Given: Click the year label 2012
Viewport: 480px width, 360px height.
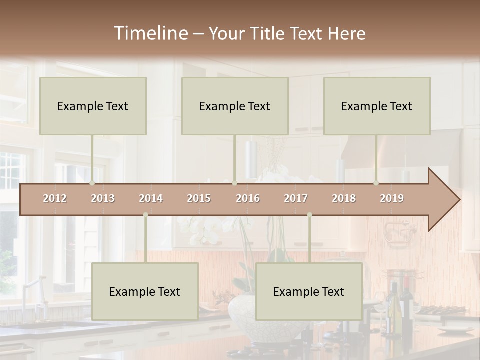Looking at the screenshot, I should [55, 199].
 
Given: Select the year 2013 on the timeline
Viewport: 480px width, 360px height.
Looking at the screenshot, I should [103, 199].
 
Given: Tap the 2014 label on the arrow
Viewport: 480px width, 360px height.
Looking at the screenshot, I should [151, 199].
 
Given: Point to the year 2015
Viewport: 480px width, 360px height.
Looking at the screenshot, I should [199, 199].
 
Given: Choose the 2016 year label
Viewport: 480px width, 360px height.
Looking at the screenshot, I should [248, 199].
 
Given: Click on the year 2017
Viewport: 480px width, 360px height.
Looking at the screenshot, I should [296, 199].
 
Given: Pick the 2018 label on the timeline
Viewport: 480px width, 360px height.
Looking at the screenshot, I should [344, 199].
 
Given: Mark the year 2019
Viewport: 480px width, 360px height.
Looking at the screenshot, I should [392, 199].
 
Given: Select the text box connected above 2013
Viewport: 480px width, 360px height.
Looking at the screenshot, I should [93, 106].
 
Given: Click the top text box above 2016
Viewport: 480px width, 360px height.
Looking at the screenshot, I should [235, 106].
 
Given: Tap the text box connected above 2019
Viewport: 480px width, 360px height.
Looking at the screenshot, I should [377, 106].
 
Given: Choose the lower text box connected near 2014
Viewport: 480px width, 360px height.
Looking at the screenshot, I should [145, 291].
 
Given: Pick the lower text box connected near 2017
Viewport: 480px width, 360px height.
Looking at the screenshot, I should [309, 291].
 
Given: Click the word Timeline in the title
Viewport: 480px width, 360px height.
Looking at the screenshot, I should [149, 33].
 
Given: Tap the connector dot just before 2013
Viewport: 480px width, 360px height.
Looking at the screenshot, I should [92, 183].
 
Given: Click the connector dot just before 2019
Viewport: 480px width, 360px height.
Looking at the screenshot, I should [376, 183].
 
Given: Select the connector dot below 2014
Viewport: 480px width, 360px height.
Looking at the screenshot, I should [145, 215].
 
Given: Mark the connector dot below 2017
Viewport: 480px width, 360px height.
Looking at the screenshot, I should [309, 215].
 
